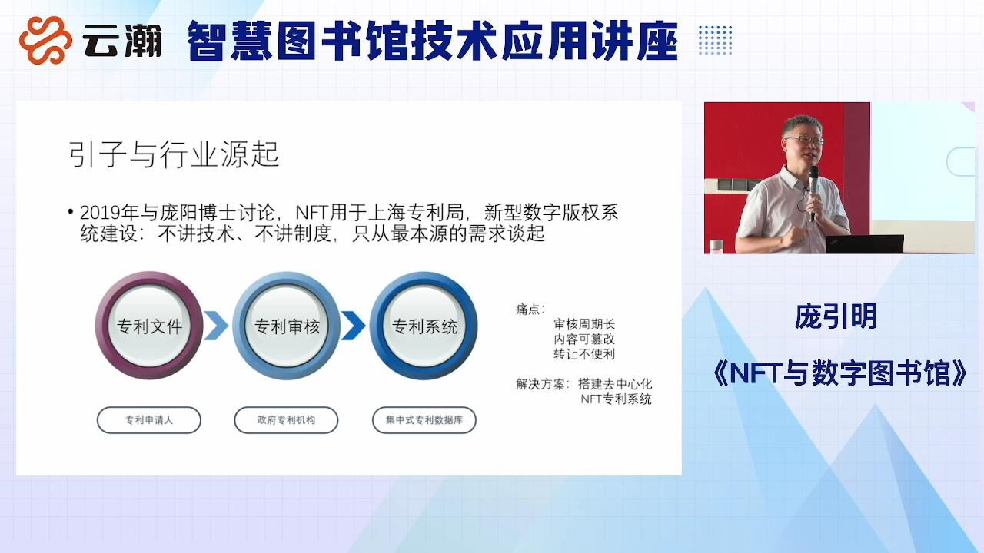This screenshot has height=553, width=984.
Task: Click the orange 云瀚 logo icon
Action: coord(45,40)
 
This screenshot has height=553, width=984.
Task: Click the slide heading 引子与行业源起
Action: coord(174,154)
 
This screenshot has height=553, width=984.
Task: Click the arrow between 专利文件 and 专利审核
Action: coord(217,326)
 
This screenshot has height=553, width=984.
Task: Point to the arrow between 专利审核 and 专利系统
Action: coord(354,326)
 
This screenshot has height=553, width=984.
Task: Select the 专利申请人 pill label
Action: coord(149,420)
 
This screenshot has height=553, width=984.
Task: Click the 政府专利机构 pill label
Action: coord(287,420)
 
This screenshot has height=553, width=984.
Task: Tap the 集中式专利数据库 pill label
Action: coord(424,420)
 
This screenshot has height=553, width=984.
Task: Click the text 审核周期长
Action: coord(584,324)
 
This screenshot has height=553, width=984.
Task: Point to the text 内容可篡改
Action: coord(584,339)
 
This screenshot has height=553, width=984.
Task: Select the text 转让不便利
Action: coord(584,354)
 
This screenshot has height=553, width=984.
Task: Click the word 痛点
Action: coord(528,310)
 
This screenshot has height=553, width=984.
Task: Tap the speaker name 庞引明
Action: coord(836,316)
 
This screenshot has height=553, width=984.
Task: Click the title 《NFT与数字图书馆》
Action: coord(840,373)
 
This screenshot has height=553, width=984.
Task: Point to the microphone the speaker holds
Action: coord(813,192)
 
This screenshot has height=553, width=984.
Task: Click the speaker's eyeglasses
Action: coord(805,141)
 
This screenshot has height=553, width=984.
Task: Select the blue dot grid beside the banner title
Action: coord(715,41)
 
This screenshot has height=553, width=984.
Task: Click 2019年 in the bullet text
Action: coord(109,213)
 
